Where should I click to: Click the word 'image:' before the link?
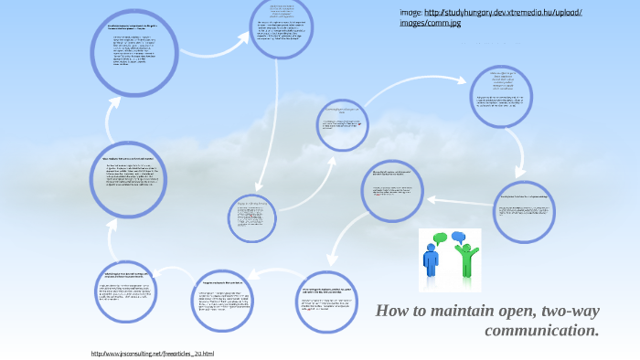[x=411, y=13]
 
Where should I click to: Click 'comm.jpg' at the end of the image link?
[x=443, y=24]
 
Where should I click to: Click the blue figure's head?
[x=431, y=249]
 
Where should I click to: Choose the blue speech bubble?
[x=458, y=238]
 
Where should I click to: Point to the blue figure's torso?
[x=431, y=260]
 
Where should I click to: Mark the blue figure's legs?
[x=431, y=272]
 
